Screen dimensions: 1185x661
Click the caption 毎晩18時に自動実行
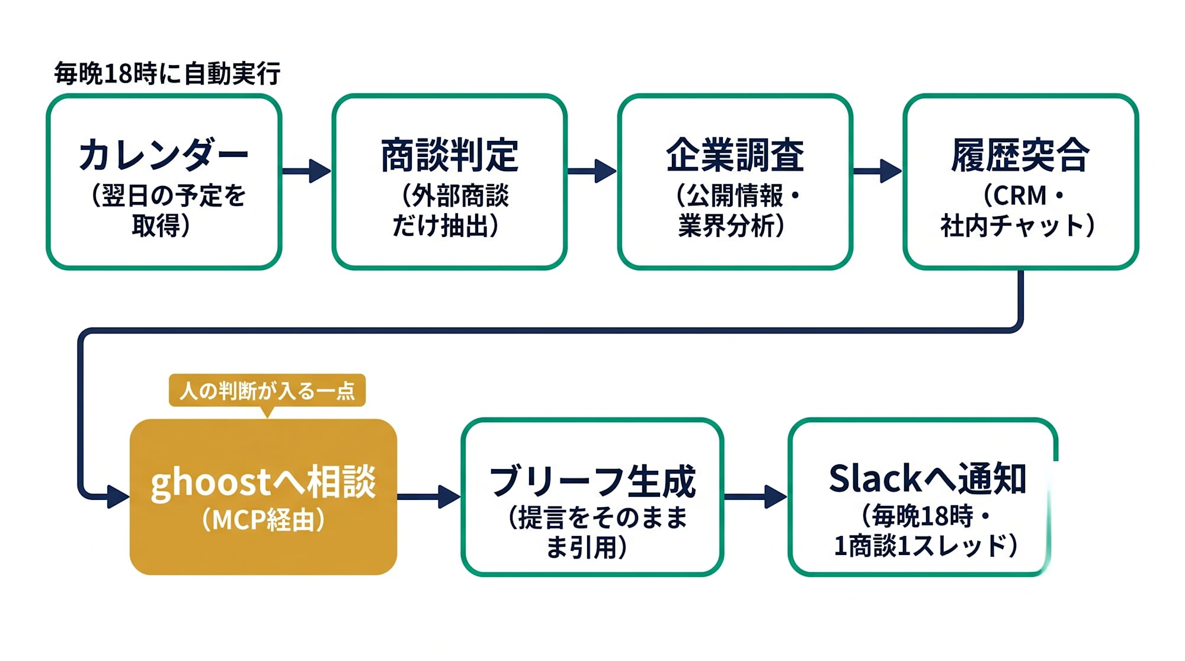(167, 73)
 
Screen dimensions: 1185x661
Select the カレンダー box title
(164, 155)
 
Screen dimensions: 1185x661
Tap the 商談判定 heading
(450, 155)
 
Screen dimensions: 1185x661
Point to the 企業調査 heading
(735, 155)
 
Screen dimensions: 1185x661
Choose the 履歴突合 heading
(1020, 155)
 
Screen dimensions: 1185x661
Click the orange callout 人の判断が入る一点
(267, 390)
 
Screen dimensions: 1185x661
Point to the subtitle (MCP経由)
(263, 519)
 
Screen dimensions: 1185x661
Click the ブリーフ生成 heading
(592, 481)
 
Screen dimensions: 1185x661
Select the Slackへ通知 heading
(927, 479)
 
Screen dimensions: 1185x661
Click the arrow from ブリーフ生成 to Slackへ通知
(756, 496)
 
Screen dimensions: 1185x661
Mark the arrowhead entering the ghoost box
(118, 496)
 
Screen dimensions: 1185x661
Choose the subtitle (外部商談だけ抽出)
(450, 210)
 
